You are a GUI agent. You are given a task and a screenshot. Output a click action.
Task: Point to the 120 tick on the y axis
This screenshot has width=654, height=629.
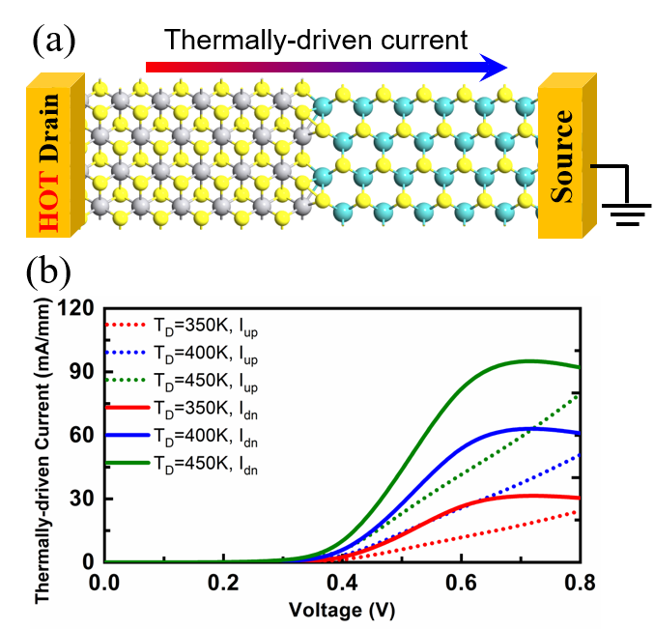click(78, 309)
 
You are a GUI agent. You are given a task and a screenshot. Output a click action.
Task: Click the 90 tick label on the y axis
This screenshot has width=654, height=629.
click(83, 372)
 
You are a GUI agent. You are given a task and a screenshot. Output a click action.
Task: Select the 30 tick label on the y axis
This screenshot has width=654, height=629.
click(83, 499)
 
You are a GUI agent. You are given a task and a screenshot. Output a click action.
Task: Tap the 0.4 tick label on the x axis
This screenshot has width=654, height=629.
click(343, 583)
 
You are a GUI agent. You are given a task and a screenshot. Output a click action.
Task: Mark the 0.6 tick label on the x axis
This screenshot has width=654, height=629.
click(462, 583)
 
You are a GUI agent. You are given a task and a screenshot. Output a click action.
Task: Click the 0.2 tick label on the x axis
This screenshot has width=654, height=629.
click(224, 583)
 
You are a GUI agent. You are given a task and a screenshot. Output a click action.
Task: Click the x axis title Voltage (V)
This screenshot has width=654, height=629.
click(343, 611)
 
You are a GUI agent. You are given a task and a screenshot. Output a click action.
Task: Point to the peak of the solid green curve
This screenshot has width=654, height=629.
click(529, 361)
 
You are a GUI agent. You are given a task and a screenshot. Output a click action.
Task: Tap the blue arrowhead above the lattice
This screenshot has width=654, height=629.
click(494, 66)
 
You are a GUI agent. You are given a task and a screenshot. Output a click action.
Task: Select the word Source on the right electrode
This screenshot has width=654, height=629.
click(562, 156)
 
